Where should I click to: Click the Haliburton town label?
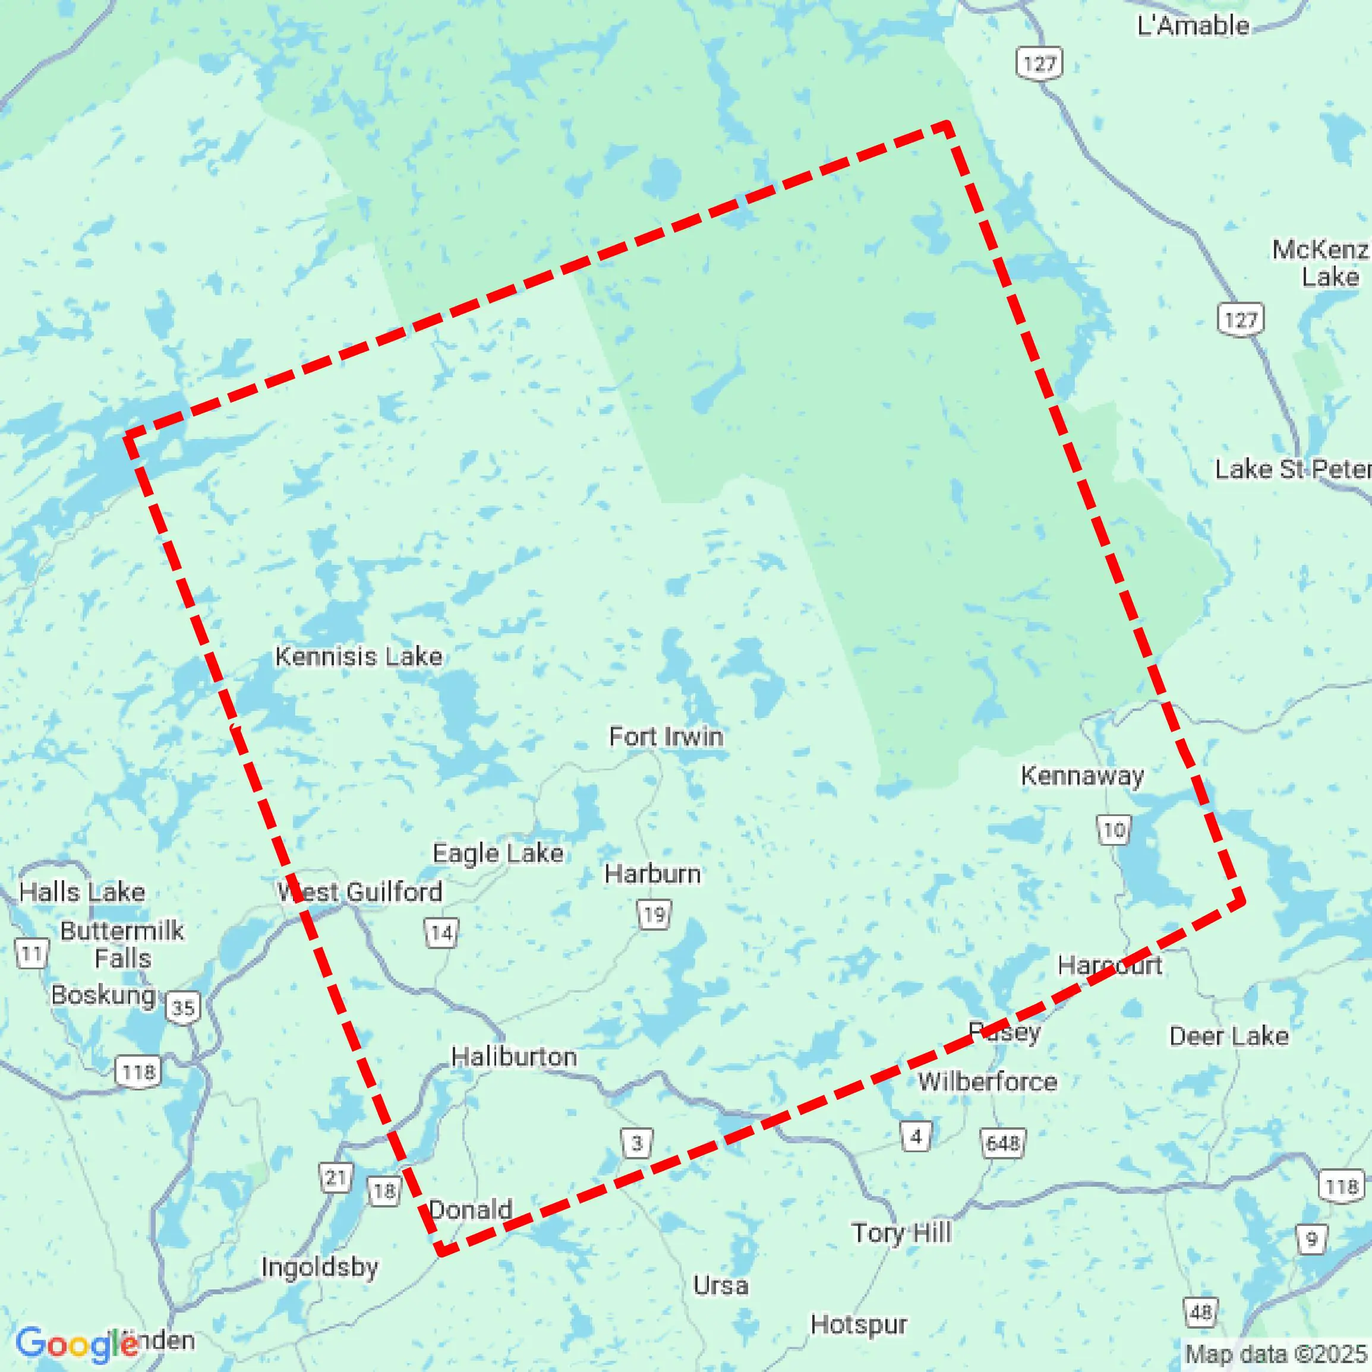(514, 1057)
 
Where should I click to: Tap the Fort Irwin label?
(666, 736)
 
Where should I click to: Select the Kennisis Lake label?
(359, 656)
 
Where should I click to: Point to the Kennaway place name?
(1082, 776)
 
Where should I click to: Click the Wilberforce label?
(987, 1082)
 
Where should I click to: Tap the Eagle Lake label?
(498, 853)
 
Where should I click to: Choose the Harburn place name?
(652, 874)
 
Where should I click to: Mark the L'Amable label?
(1193, 26)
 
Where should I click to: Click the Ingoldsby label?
(320, 1267)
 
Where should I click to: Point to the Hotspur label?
(858, 1324)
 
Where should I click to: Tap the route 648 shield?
(1002, 1143)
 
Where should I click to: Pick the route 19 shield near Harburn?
(654, 914)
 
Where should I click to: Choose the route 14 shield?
(441, 932)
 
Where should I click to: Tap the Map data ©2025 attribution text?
(1276, 1354)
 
